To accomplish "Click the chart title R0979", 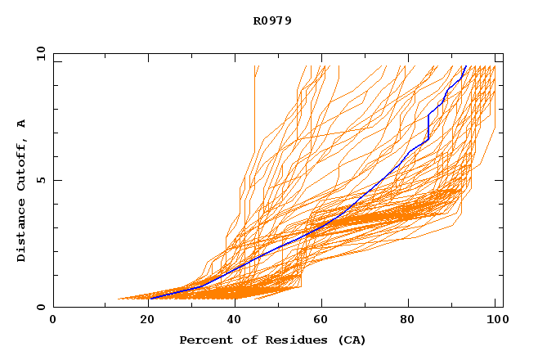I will pyautogui.click(x=272, y=20).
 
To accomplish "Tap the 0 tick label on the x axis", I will pyautogui.click(x=53, y=322).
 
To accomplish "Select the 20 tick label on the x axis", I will pyautogui.click(x=142, y=322).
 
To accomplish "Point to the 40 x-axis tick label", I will pyautogui.click(x=231, y=322).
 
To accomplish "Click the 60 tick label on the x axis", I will pyautogui.click(x=321, y=322).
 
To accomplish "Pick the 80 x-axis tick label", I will pyautogui.click(x=409, y=322).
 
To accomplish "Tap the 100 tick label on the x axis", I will pyautogui.click(x=494, y=322).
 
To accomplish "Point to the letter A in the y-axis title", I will pyautogui.click(x=21, y=123).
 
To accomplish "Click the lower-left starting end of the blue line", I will pyautogui.click(x=150, y=299).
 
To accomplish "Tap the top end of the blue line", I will pyautogui.click(x=465, y=66).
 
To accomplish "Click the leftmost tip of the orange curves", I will pyautogui.click(x=119, y=299).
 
